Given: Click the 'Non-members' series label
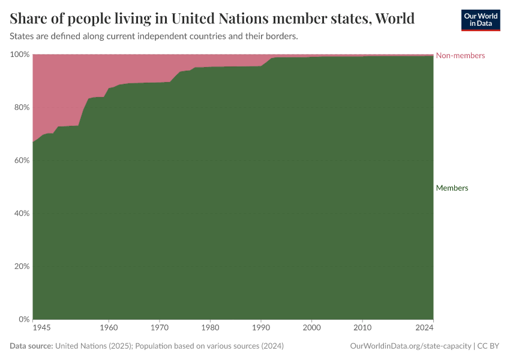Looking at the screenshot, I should pyautogui.click(x=460, y=56).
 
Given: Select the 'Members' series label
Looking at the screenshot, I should pyautogui.click(x=452, y=188).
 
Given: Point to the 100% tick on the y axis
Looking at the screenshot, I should pyautogui.click(x=20, y=55).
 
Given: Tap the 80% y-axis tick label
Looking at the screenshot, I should pyautogui.click(x=22, y=107).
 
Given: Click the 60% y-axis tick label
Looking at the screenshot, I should pyautogui.click(x=22, y=160).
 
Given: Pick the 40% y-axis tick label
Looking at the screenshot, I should pyautogui.click(x=22, y=213).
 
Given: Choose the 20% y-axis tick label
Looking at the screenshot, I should pyautogui.click(x=22, y=266).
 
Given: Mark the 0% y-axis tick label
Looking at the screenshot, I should pyautogui.click(x=23, y=319).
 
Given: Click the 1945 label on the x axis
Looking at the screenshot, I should pyautogui.click(x=41, y=328).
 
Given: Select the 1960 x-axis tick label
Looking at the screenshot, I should pyautogui.click(x=108, y=328).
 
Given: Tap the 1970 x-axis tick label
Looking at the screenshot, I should pyautogui.click(x=159, y=328).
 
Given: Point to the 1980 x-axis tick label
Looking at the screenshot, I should pyautogui.click(x=210, y=328).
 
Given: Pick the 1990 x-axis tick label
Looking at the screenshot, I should pyautogui.click(x=261, y=328).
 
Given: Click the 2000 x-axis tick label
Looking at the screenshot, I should pyautogui.click(x=312, y=328).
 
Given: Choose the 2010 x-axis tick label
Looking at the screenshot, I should pyautogui.click(x=362, y=328).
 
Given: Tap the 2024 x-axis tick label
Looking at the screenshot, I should pyautogui.click(x=424, y=328).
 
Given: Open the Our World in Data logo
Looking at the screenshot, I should pyautogui.click(x=480, y=20).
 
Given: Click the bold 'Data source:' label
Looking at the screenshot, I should pyautogui.click(x=31, y=346).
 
